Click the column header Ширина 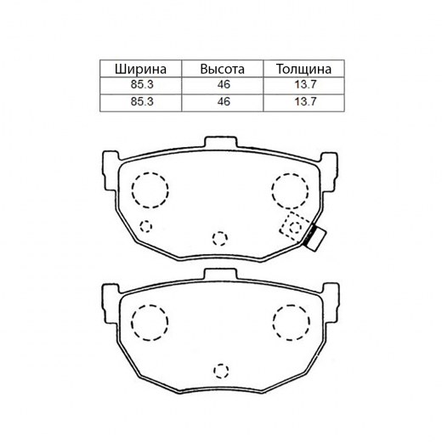coord(140,69)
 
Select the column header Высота coord(222,69)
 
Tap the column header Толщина coord(303,69)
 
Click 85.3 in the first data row coord(142,84)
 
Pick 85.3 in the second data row coord(142,101)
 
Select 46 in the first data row coord(224,84)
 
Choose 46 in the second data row coord(224,101)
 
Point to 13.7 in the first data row coord(305,84)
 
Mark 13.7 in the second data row coord(305,101)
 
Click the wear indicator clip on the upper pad coord(316,237)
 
